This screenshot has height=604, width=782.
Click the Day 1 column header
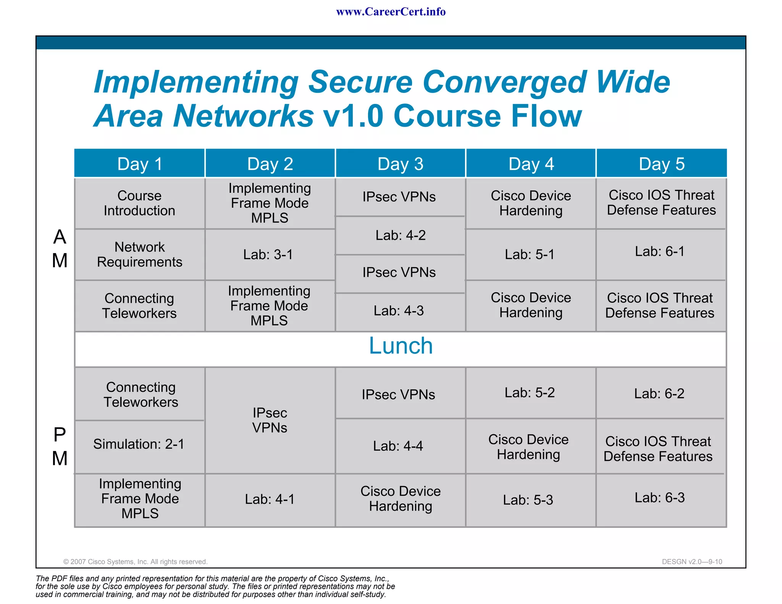coord(140,164)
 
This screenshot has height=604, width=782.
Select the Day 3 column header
coord(400,164)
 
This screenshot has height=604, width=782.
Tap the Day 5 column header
coord(661,164)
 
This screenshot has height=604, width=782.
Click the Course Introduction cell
coord(139,203)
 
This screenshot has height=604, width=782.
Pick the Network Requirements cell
coord(139,254)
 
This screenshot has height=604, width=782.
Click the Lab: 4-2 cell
coord(400,235)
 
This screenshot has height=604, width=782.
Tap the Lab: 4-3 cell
coord(399,311)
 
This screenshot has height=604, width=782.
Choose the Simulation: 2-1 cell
coord(139,444)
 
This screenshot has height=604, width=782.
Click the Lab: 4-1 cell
coord(270,499)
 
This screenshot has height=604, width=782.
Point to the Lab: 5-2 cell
coord(530,392)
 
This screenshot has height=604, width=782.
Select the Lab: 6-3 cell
coord(659,497)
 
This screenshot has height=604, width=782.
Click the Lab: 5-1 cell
coord(530,254)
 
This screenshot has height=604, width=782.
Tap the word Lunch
coord(401,346)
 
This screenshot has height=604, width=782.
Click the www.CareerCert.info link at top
coord(391,12)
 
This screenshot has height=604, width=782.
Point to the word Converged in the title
coord(503,82)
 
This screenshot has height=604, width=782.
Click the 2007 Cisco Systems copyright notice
coord(135,562)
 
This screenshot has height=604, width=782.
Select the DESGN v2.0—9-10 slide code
coord(692,562)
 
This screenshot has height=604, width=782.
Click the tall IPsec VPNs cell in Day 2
coord(270,420)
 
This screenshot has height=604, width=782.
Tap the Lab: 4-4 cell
coord(398,446)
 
